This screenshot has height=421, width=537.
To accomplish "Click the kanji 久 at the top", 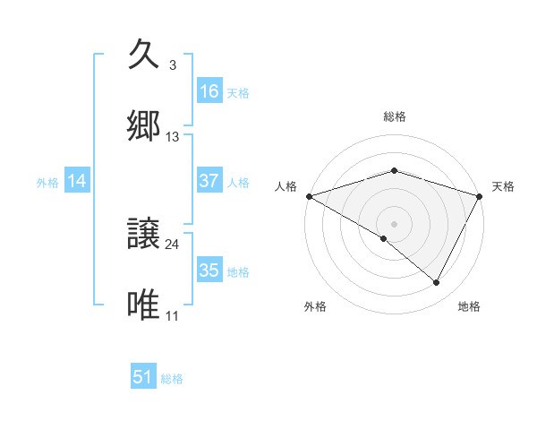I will tap(144, 56).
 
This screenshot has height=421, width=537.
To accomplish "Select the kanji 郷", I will tap(144, 127).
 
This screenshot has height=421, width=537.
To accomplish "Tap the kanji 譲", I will tap(144, 235).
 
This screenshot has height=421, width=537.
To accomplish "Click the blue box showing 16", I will tap(209, 90).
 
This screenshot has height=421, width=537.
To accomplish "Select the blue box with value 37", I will tap(209, 181).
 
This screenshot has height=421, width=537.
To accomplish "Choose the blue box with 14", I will tap(77, 181).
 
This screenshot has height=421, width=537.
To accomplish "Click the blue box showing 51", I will tap(143, 377).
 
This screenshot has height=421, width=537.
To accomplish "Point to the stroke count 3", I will tap(172, 65).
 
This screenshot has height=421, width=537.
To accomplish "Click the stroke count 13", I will tap(173, 137).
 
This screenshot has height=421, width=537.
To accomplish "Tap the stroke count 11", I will tap(173, 316).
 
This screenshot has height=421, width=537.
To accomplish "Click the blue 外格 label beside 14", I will tap(47, 182).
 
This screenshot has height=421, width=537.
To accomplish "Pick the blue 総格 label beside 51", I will tap(172, 379).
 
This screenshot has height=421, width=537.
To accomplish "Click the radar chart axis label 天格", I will tap(503, 186).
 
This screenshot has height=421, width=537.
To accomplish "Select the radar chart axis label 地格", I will tap(469, 307).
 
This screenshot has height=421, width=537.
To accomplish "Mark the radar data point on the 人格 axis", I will tap(309, 196).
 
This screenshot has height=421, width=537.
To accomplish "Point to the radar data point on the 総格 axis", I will tap(394, 170).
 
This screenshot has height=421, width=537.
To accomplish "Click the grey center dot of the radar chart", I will tap(394, 224).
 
